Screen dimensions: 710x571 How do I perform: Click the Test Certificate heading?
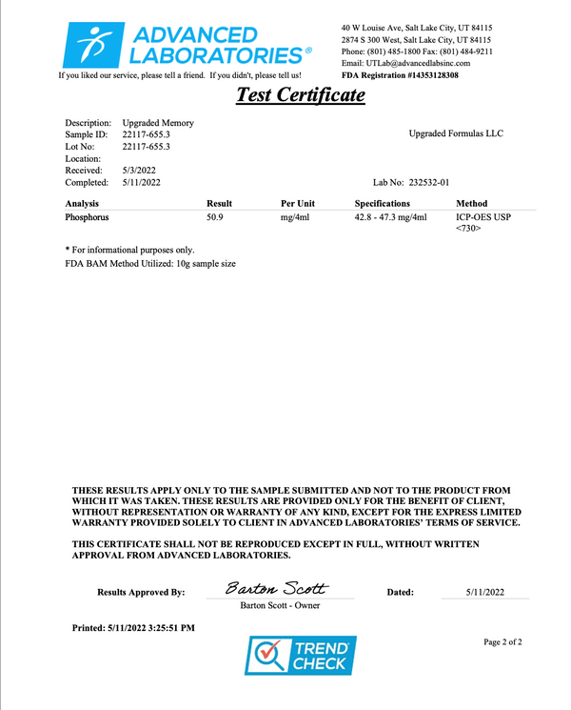[300, 94]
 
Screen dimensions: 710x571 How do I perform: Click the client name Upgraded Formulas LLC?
[456, 133]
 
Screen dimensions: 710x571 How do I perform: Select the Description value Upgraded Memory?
[158, 123]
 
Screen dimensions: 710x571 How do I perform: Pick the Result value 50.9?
[216, 217]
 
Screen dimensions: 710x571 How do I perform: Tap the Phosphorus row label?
[87, 217]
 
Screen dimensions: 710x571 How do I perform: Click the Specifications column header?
[382, 203]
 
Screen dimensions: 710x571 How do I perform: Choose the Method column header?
[472, 203]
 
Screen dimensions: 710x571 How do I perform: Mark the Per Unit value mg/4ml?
[296, 217]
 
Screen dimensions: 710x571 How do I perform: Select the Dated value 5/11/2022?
[485, 592]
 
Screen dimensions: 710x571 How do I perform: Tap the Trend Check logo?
[301, 657]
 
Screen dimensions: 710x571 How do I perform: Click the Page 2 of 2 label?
[502, 642]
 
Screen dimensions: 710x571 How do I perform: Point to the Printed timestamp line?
[133, 628]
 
